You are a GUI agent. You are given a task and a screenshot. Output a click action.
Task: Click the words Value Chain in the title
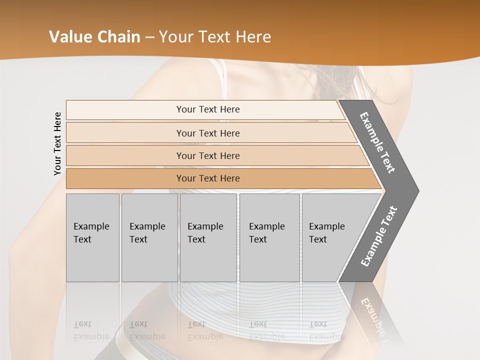(94, 37)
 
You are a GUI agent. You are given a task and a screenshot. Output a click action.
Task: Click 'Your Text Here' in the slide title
(215, 37)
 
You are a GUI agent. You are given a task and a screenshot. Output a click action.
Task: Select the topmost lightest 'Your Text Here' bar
(207, 109)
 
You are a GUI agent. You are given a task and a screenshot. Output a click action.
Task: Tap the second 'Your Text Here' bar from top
(207, 133)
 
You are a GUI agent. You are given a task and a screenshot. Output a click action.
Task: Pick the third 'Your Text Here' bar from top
(207, 155)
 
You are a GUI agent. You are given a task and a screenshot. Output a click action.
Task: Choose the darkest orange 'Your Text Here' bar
(207, 178)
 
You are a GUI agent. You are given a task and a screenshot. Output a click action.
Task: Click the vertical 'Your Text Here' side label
(57, 143)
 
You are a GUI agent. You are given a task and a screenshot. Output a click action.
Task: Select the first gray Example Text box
(92, 237)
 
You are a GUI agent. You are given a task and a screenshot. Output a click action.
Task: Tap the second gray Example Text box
(149, 237)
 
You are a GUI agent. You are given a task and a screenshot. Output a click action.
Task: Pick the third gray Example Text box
(208, 237)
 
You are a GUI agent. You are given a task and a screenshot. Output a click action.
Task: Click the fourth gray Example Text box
(269, 237)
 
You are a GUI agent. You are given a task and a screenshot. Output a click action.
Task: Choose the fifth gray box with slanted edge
(330, 237)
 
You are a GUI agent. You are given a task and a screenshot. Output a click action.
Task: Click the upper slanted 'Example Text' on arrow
(377, 142)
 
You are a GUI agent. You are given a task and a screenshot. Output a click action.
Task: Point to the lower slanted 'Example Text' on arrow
(378, 236)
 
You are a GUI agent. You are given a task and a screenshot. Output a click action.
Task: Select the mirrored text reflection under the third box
(205, 330)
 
